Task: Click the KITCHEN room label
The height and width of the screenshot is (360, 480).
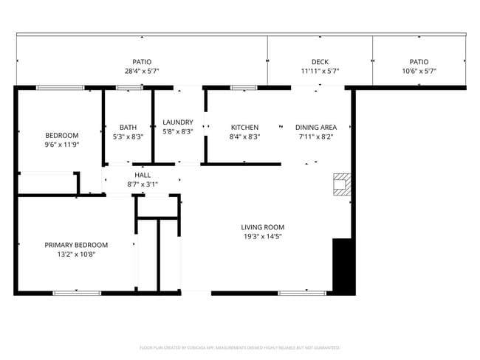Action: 244,127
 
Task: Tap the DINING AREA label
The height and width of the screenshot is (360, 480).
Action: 316,127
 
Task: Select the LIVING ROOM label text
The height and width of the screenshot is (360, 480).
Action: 262,227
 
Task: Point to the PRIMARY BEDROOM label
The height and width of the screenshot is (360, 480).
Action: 76,245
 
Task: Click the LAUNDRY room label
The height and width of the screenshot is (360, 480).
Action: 178,122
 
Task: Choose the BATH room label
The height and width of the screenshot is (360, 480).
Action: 128,127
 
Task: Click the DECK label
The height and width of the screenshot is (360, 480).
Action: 320,62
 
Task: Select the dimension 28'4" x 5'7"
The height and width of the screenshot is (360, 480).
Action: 142,72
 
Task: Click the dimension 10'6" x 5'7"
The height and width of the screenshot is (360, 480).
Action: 419,72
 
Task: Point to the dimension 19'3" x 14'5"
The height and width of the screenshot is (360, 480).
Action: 262,237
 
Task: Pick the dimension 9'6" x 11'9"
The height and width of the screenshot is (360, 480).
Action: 61,145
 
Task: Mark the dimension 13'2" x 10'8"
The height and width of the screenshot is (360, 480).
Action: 76,255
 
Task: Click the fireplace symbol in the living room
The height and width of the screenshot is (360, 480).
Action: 340,184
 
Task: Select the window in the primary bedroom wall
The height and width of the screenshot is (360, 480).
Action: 77,293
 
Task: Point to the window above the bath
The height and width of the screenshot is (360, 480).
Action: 130,88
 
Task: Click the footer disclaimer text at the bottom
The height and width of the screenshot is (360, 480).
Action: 240,347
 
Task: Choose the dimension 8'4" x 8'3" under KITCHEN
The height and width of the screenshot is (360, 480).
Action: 244,136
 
